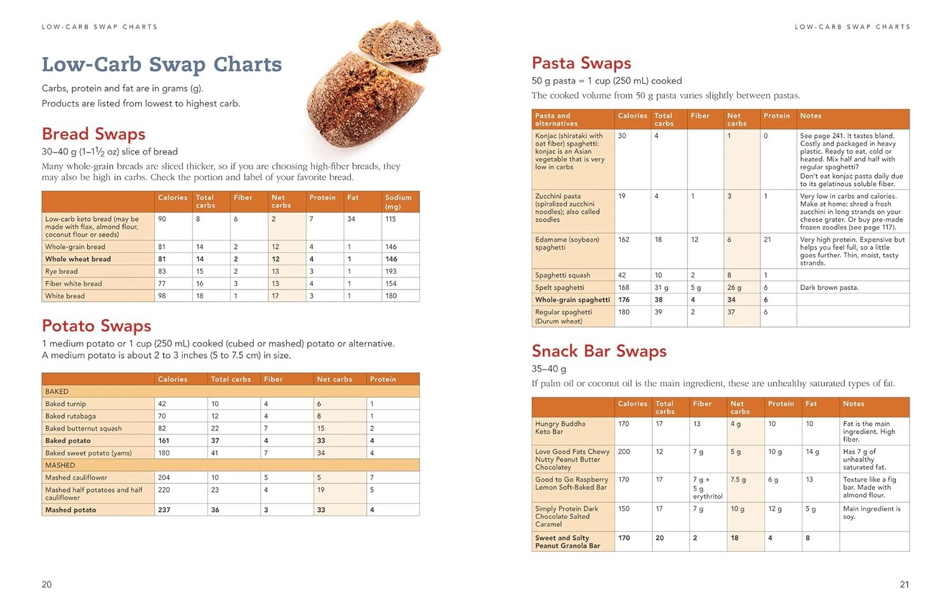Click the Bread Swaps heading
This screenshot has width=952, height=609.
pos(93,134)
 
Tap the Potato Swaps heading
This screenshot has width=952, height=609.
pos(96,326)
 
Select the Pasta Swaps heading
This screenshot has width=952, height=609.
pos(581,63)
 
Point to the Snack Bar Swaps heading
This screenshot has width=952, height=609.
pos(599,351)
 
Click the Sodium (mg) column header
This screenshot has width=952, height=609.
pos(398,201)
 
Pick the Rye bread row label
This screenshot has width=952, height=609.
pos(61,271)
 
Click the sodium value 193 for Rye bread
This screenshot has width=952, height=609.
pos(391,271)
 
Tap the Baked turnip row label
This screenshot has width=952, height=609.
pos(65,404)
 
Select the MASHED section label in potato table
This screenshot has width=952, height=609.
pos(60,465)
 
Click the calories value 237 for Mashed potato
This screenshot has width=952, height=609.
pos(164,510)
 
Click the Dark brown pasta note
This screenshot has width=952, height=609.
pos(829,288)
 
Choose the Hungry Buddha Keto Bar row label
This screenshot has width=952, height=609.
pos(560,427)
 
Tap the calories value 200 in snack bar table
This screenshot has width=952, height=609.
pos(624,452)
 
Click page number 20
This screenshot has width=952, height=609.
pos(46,584)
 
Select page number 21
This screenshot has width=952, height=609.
pos(904,584)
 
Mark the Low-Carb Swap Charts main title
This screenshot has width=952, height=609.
pos(162,64)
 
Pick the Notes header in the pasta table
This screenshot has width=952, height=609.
pos(810,116)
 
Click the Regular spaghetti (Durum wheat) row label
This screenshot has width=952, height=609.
pos(564,316)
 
